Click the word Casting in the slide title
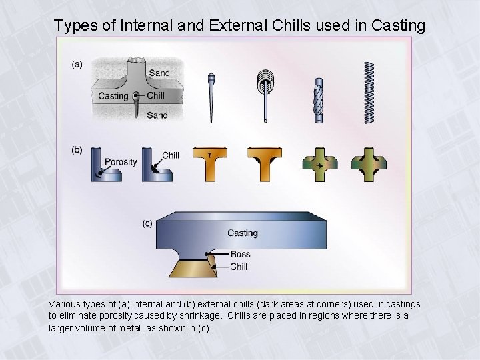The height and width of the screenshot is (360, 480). click(x=397, y=25)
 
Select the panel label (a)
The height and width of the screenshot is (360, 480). click(x=77, y=65)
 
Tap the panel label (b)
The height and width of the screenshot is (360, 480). click(x=77, y=150)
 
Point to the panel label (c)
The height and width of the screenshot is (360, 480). click(x=148, y=223)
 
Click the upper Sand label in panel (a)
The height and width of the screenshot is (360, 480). click(x=159, y=73)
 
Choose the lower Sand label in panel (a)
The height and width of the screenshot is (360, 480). click(x=157, y=115)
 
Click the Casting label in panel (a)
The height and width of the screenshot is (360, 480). click(x=113, y=96)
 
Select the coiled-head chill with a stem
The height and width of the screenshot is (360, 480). click(x=265, y=90)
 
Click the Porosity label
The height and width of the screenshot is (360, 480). click(x=121, y=161)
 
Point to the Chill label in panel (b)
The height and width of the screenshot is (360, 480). click(x=171, y=155)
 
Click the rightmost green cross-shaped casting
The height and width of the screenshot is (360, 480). click(x=368, y=165)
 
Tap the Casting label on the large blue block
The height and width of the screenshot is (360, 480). click(x=242, y=233)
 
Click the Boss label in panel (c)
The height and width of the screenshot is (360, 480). click(x=240, y=254)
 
